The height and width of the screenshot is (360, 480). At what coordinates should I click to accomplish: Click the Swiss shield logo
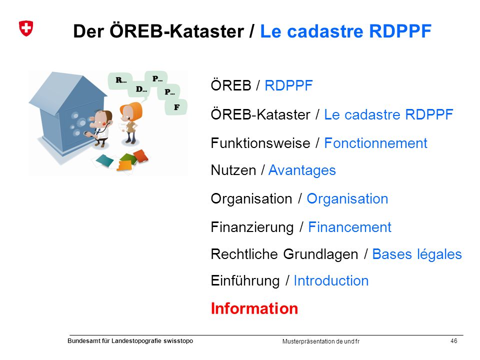26,28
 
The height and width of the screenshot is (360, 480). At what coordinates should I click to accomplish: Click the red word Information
254,308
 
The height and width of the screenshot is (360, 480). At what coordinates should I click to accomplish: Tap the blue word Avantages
302,170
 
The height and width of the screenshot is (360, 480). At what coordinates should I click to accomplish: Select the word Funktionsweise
260,143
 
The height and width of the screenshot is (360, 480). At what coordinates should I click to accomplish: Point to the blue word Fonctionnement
375,143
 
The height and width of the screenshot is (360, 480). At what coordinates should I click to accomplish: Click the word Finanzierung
252,227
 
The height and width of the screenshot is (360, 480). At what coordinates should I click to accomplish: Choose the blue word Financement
349,227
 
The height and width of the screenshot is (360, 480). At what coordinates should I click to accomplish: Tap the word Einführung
245,281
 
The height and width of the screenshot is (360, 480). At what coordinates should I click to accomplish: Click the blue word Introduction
331,280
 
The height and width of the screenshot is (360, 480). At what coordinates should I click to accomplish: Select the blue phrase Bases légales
417,254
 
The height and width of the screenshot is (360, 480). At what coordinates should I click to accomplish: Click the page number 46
454,340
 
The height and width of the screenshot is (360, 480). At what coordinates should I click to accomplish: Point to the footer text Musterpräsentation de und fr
321,341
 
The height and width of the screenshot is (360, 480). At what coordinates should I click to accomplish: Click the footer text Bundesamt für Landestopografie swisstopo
130,341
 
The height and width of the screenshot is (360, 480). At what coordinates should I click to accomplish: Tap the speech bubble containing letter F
176,107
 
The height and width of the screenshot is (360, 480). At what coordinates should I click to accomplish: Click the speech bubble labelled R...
120,81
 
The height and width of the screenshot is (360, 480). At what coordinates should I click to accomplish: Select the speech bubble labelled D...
141,89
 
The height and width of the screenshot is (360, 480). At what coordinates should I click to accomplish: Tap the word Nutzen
233,170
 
